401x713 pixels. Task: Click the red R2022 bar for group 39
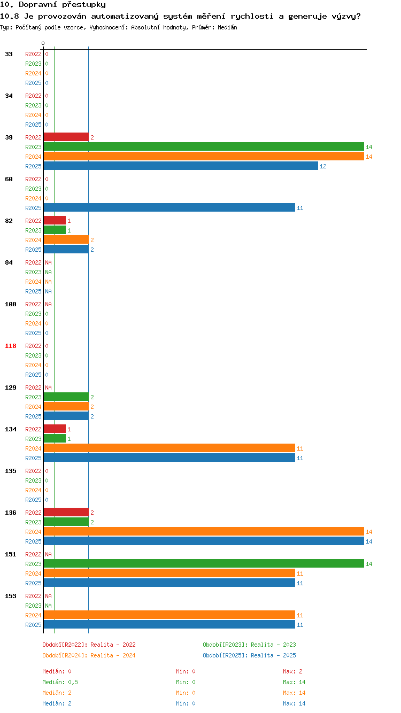[x=66, y=137]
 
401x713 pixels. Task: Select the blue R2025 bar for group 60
[x=169, y=208]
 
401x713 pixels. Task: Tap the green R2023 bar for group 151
[x=204, y=564]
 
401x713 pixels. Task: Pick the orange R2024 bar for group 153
[x=169, y=615]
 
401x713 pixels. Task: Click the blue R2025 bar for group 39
[x=181, y=166]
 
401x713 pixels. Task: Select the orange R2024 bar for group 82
[x=66, y=240]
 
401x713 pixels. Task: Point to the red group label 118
[x=11, y=346]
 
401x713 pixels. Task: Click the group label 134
[x=11, y=429]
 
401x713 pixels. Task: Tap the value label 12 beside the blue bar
[x=323, y=166]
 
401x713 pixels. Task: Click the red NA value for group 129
[x=48, y=387]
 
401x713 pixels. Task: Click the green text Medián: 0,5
[x=60, y=682]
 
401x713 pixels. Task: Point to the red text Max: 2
[x=292, y=671]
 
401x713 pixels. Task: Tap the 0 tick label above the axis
[x=43, y=43]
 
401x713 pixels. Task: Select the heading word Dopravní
[x=38, y=4]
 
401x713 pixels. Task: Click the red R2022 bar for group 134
[x=55, y=429]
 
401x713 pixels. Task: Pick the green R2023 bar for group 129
[x=66, y=397]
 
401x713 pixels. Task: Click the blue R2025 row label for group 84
[x=33, y=291]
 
